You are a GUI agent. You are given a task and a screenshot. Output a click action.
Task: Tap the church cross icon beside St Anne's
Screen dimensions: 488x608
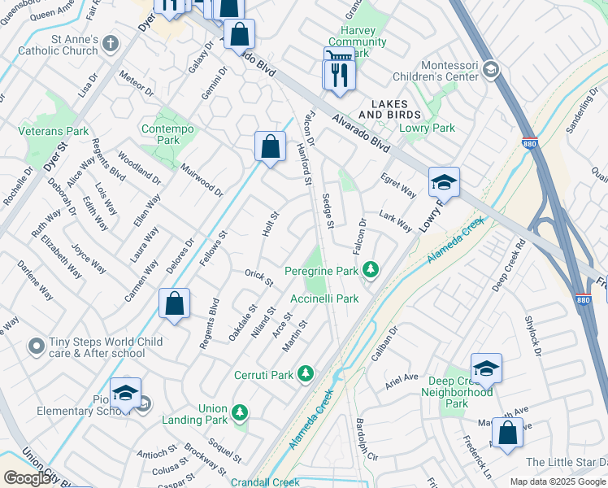tap(110, 43)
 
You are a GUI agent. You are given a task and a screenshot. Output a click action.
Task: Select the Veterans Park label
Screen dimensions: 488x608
tap(54, 130)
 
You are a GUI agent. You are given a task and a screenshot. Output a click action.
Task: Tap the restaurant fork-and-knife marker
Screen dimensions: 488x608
tap(339, 75)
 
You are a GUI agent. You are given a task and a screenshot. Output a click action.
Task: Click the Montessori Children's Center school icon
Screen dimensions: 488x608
tap(490, 70)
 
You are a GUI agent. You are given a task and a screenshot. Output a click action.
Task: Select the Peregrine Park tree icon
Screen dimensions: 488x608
tap(371, 269)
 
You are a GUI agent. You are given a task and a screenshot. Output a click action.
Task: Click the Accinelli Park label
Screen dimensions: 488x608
tap(324, 299)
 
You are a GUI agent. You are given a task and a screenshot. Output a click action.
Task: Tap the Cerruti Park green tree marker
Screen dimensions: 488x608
tap(305, 374)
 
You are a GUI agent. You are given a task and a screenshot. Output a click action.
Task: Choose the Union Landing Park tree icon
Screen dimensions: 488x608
tap(239, 412)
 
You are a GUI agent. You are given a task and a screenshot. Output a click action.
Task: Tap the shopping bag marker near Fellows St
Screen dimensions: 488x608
tap(175, 305)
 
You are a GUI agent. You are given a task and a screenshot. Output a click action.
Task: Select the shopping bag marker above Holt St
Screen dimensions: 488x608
tap(270, 148)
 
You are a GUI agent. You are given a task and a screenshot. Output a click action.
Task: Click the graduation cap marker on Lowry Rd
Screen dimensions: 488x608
tap(444, 182)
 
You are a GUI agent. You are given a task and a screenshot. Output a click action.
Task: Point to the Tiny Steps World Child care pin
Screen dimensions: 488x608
tap(36, 347)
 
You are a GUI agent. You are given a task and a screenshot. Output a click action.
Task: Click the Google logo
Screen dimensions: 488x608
tap(28, 478)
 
